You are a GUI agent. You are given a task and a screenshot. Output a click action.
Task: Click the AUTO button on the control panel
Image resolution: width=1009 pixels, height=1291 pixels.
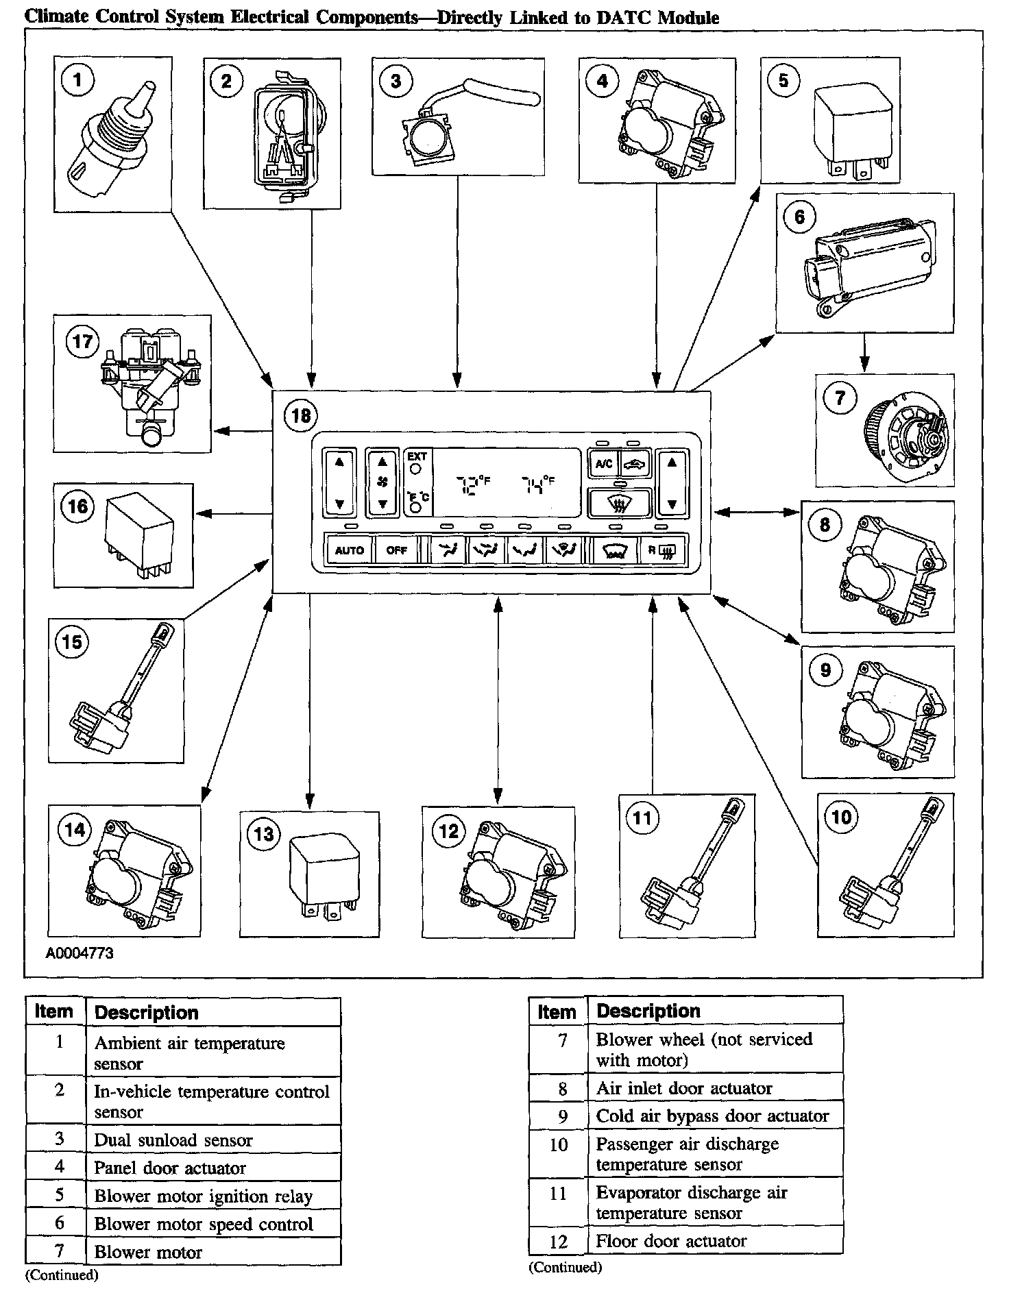click(350, 550)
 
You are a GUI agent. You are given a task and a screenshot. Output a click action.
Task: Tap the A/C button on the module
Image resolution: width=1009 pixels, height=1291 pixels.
click(604, 464)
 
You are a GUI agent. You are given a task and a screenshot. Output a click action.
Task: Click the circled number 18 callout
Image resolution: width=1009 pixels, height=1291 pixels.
click(301, 415)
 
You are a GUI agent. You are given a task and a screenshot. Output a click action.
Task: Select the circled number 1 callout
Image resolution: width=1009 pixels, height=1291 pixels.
click(77, 80)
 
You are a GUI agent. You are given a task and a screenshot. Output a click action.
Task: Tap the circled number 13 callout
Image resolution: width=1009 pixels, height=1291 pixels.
click(264, 833)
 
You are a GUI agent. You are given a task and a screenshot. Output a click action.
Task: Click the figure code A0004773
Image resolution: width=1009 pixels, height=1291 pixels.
click(80, 953)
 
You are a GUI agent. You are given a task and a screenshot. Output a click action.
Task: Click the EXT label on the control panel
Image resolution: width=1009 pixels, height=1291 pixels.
click(417, 456)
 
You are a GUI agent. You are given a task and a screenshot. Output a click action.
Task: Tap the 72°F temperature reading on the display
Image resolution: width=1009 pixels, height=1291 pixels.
click(474, 484)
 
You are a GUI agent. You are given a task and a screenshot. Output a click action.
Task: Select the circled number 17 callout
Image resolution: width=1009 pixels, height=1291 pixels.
click(82, 341)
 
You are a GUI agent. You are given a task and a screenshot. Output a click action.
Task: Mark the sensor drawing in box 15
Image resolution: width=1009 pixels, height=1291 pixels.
click(118, 689)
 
